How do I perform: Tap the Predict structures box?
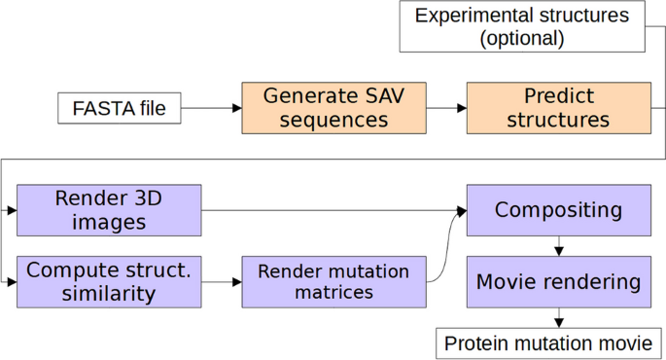pyautogui.click(x=559, y=108)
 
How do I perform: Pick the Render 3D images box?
pyautogui.click(x=109, y=210)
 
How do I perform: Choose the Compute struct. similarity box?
pyautogui.click(x=109, y=282)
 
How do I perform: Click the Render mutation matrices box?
pyautogui.click(x=333, y=282)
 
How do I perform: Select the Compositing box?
pyautogui.click(x=558, y=210)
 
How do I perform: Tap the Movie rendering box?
pyautogui.click(x=558, y=282)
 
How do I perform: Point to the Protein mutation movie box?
pyautogui.click(x=548, y=343)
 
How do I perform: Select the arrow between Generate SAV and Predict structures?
pyautogui.click(x=446, y=108)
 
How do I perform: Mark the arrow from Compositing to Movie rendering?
pyautogui.click(x=558, y=246)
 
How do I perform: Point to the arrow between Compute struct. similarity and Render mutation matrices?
pyautogui.click(x=222, y=282)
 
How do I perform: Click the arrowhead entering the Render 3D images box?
pyautogui.click(x=12, y=210)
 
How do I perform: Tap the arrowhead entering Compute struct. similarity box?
pyautogui.click(x=12, y=282)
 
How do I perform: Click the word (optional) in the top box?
pyautogui.click(x=521, y=38)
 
